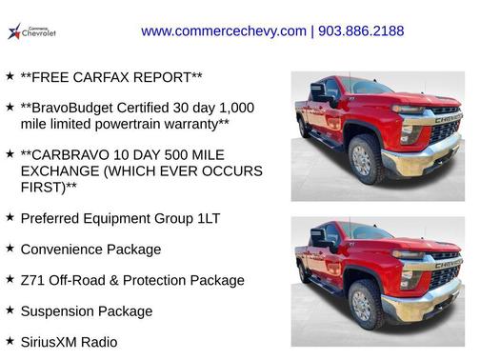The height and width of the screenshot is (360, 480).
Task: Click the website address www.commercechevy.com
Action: [224, 31]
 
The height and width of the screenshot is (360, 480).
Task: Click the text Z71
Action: [33, 280]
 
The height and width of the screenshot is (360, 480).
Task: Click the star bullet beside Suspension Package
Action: [10, 310]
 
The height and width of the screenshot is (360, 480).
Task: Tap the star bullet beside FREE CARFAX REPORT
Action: [10, 74]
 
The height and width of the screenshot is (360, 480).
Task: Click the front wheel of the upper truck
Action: [366, 160]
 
